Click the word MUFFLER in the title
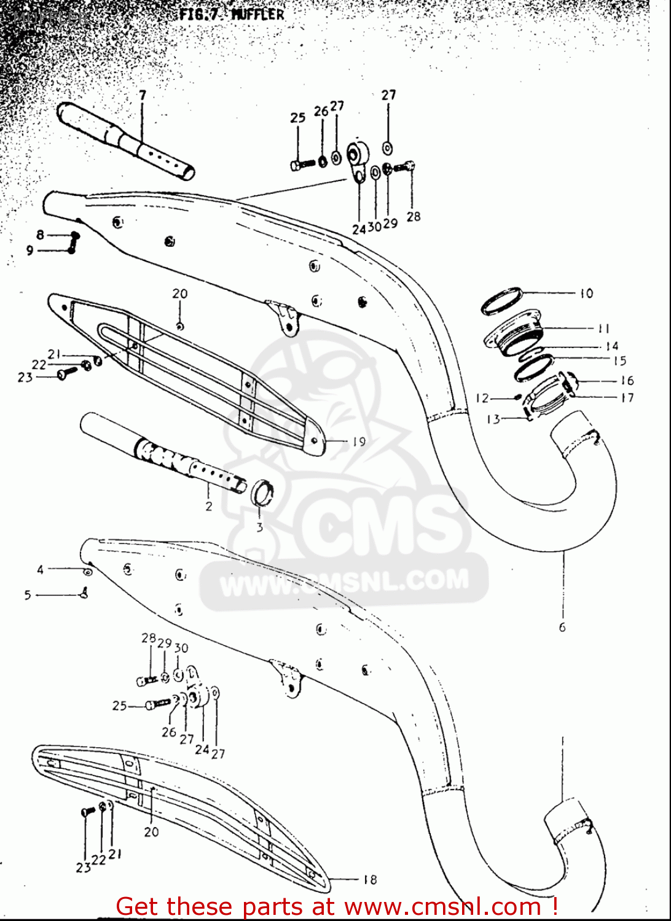coord(257,14)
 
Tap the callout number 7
coord(143,95)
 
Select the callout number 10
coord(586,293)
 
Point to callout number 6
coord(562,627)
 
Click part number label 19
coord(359,441)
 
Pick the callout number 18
coord(370,879)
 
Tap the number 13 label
coord(493,419)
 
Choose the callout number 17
coord(627,397)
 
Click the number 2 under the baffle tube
coord(209,506)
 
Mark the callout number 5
coord(28,594)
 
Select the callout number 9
coord(29,251)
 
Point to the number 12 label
coord(482,398)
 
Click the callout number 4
coord(40,569)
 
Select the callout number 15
coord(619,361)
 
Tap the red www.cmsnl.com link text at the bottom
coord(442,906)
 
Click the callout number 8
coord(40,234)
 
